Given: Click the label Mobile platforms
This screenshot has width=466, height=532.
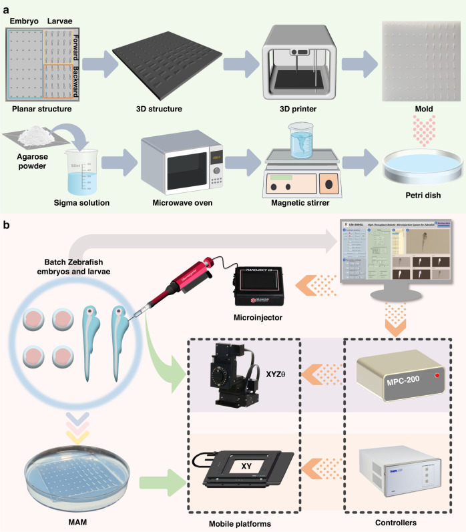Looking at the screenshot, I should [x=244, y=523].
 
